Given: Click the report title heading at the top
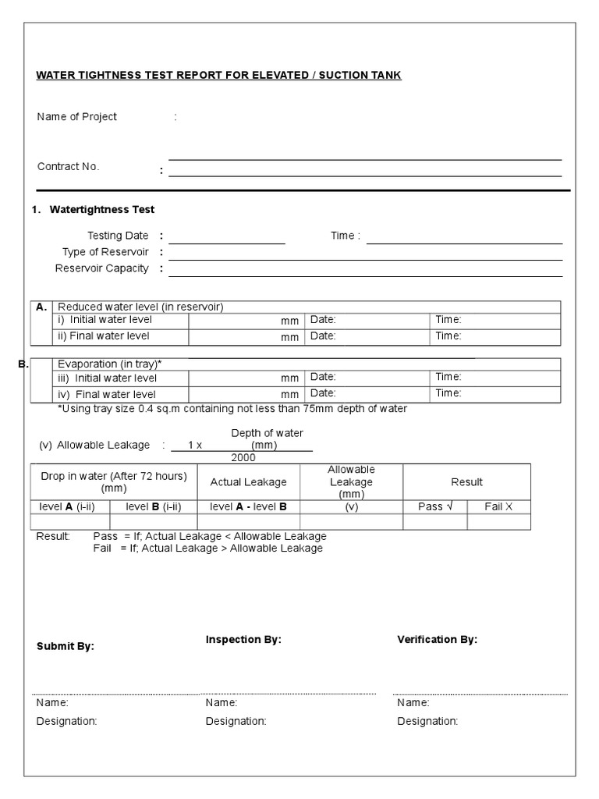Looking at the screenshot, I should point(219,76).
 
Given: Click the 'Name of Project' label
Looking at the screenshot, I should point(77,117).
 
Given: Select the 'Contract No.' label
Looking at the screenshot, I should point(69,166).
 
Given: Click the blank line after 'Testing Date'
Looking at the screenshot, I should point(227,236).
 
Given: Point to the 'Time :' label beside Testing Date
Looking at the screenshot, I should point(346,236).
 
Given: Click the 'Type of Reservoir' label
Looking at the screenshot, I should point(105,252).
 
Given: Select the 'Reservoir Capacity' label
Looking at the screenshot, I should point(101,268).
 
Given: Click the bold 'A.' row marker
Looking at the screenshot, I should point(42,307).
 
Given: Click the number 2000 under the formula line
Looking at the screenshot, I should point(243,457).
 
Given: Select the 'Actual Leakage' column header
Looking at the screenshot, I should point(249,482).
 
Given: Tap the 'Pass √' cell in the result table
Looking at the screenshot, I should point(435,506).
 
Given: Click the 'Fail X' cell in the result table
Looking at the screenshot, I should point(499,506).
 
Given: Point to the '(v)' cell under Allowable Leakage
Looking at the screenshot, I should point(351,506).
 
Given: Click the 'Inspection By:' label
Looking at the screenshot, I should point(243,640).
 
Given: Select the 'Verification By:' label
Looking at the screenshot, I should point(438,640).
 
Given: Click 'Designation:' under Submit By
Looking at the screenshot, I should point(67,722).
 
